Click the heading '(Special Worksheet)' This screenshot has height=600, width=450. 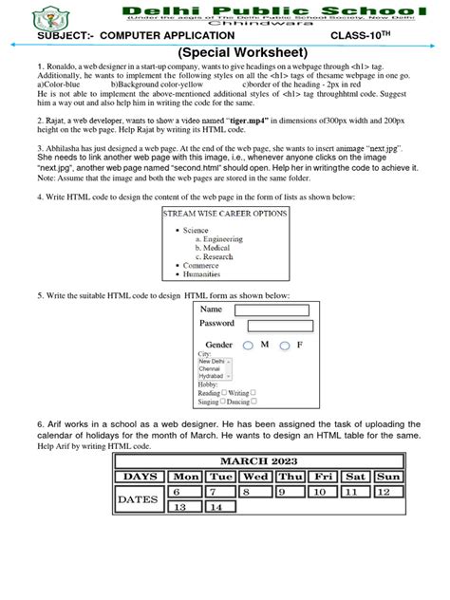(225, 51)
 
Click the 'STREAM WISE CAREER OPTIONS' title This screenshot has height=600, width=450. (224, 215)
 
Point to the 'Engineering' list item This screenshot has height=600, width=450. (217, 239)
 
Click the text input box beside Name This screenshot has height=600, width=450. (272, 309)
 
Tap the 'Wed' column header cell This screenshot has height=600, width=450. (255, 476)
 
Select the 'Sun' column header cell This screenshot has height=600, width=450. (388, 476)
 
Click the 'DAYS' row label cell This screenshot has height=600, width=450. (141, 476)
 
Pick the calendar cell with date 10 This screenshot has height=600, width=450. (322, 492)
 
